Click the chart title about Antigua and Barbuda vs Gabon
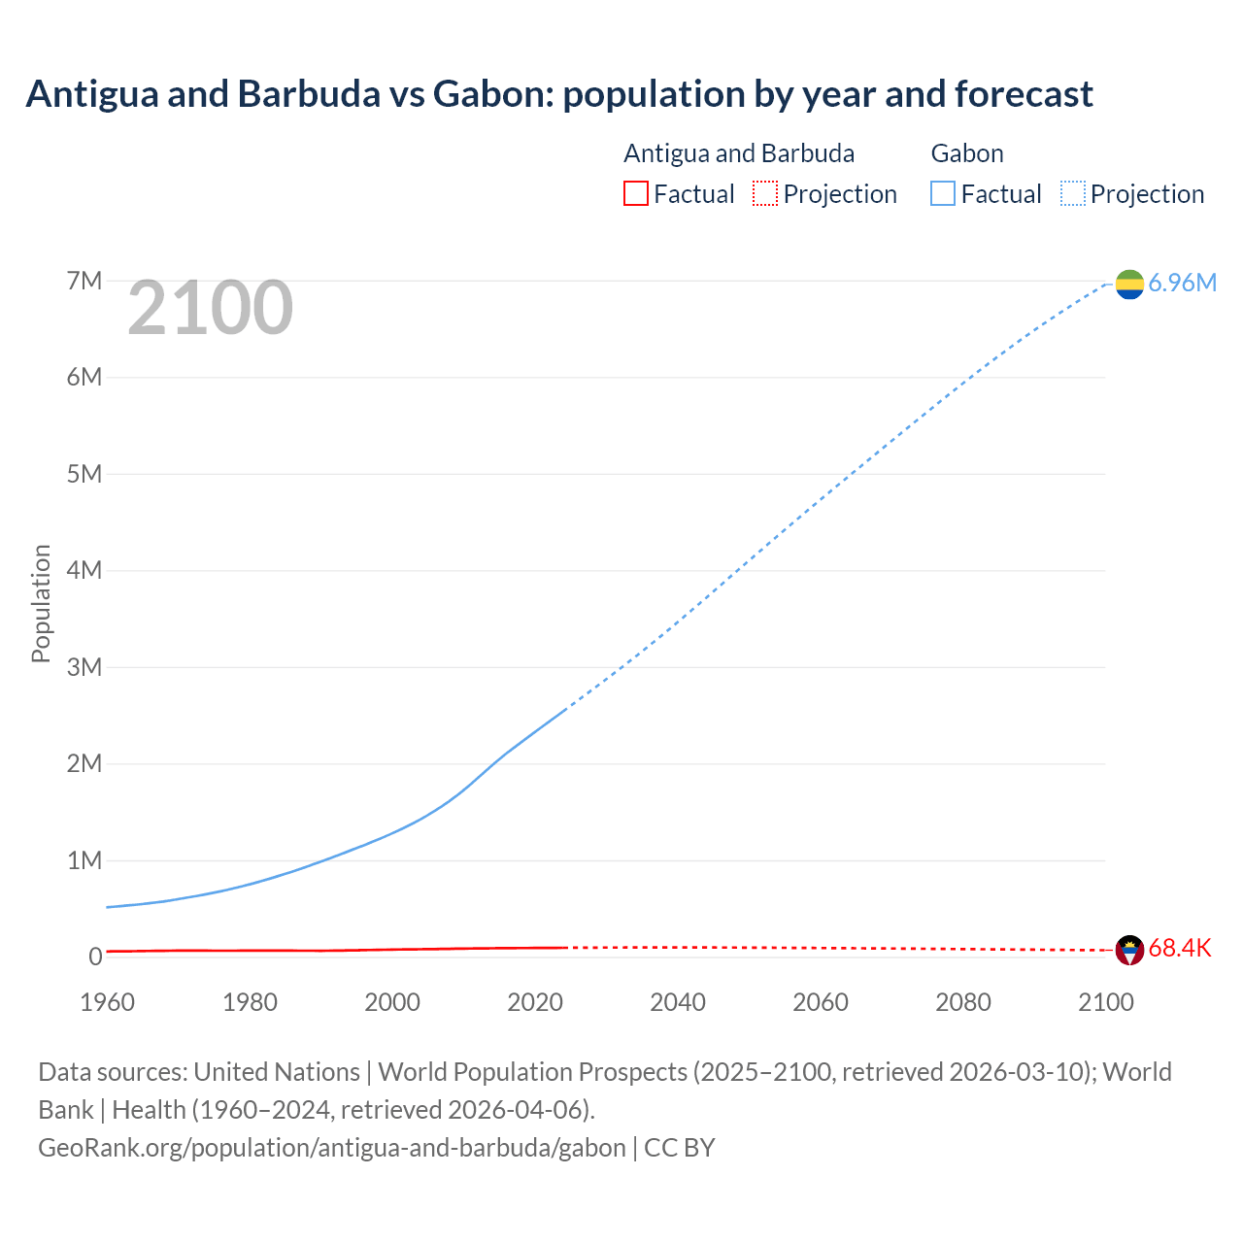[559, 94]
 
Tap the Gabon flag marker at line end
[1129, 284]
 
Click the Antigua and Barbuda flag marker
[1129, 950]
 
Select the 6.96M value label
[1182, 283]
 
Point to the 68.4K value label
[1180, 949]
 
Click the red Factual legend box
[635, 194]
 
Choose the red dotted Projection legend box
[765, 194]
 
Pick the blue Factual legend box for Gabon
[942, 194]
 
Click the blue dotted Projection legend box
[1072, 194]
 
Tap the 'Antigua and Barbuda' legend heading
[739, 153]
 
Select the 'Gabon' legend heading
[967, 153]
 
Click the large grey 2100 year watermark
[210, 308]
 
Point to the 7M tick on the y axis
[84, 282]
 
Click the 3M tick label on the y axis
[84, 667]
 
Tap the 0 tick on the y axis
[95, 957]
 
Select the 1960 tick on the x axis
[107, 1002]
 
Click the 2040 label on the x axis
[678, 1002]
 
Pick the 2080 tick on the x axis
[963, 1002]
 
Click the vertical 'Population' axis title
[41, 603]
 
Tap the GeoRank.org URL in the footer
[332, 1148]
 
